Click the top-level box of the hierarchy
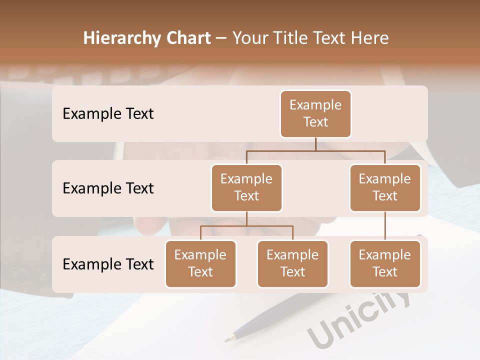(x=315, y=113)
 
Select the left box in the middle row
(x=246, y=187)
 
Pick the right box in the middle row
(x=385, y=187)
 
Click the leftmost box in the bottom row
(x=200, y=263)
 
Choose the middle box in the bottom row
(x=292, y=263)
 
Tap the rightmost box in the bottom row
(x=385, y=263)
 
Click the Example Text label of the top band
(x=108, y=113)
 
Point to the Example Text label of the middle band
(x=108, y=188)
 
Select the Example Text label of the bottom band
(x=108, y=264)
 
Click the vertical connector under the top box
(x=315, y=144)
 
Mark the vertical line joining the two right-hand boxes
(x=385, y=226)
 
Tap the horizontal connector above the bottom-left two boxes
(x=246, y=226)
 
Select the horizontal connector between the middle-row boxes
(x=315, y=150)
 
